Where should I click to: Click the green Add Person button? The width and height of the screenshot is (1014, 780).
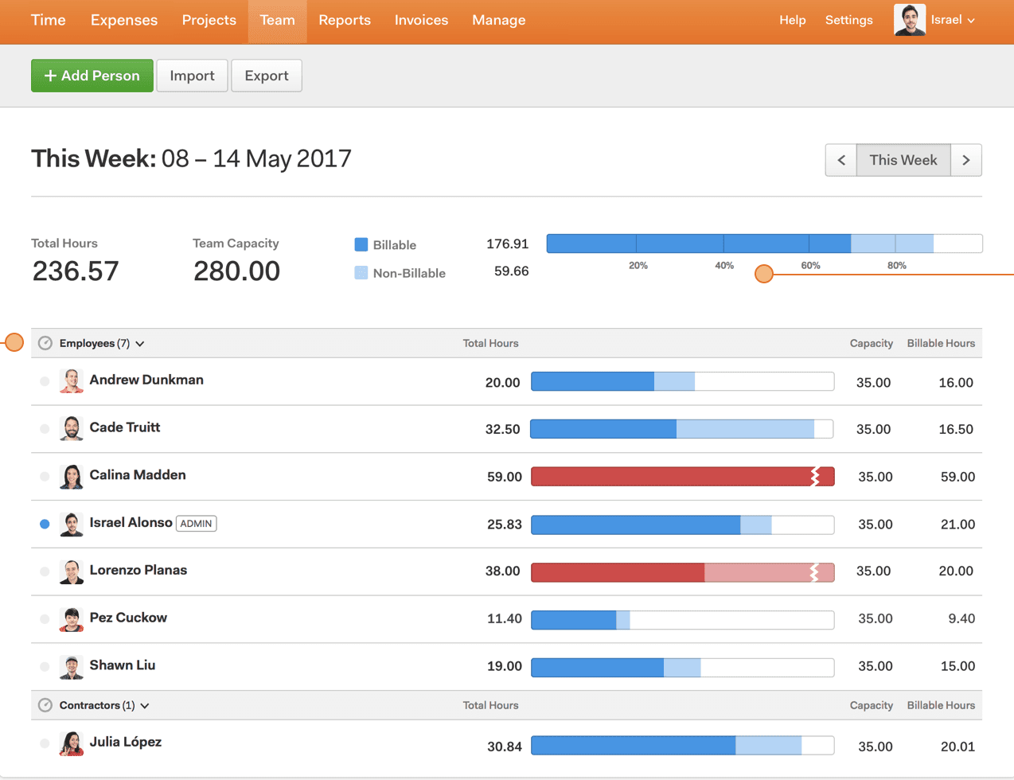[92, 76]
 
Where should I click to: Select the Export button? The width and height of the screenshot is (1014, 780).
[266, 76]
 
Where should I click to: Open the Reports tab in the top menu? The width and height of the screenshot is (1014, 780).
[344, 20]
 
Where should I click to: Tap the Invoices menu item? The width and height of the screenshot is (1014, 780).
[421, 20]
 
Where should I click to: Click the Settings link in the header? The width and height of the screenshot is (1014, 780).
[848, 20]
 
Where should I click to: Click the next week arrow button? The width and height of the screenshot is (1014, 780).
[965, 160]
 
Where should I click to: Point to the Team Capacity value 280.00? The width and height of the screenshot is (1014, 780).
[236, 271]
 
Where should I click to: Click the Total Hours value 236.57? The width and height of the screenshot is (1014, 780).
[76, 271]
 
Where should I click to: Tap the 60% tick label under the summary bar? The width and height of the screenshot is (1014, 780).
[810, 266]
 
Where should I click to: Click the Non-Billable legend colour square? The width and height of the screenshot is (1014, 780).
[361, 273]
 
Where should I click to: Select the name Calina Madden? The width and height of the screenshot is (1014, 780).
[138, 475]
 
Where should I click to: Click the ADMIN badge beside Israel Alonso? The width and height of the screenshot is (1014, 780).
[196, 524]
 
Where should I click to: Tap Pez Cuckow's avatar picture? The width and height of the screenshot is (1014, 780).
[72, 619]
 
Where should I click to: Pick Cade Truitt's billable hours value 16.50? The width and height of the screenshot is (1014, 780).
[955, 429]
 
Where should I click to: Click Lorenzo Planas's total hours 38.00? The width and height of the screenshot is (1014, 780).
[502, 571]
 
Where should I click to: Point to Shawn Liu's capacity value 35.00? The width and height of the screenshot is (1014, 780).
[875, 666]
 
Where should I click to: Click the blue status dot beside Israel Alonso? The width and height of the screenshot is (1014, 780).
[45, 524]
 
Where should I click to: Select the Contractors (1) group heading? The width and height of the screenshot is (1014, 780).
[97, 705]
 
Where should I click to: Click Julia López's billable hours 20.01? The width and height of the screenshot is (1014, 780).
[957, 747]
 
